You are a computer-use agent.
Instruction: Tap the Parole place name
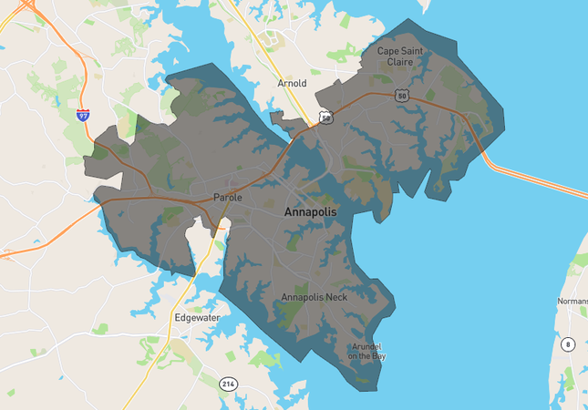point(227,197)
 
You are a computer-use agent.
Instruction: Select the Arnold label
point(292,83)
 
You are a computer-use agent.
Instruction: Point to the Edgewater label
point(197,318)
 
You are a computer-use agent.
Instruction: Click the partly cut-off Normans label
point(572,301)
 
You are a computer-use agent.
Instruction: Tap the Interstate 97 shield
point(83,115)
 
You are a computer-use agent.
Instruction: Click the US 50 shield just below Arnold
point(325,117)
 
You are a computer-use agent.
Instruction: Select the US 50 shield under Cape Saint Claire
point(402,95)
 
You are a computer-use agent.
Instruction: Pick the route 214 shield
point(228,384)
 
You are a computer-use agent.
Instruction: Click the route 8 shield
point(568,343)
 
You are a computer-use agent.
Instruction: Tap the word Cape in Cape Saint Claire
point(390,51)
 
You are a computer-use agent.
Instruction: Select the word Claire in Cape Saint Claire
point(407,63)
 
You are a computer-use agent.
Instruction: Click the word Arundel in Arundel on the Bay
point(369,346)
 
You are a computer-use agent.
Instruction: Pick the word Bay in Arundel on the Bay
point(378,356)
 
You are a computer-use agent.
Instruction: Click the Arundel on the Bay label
point(369,351)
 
